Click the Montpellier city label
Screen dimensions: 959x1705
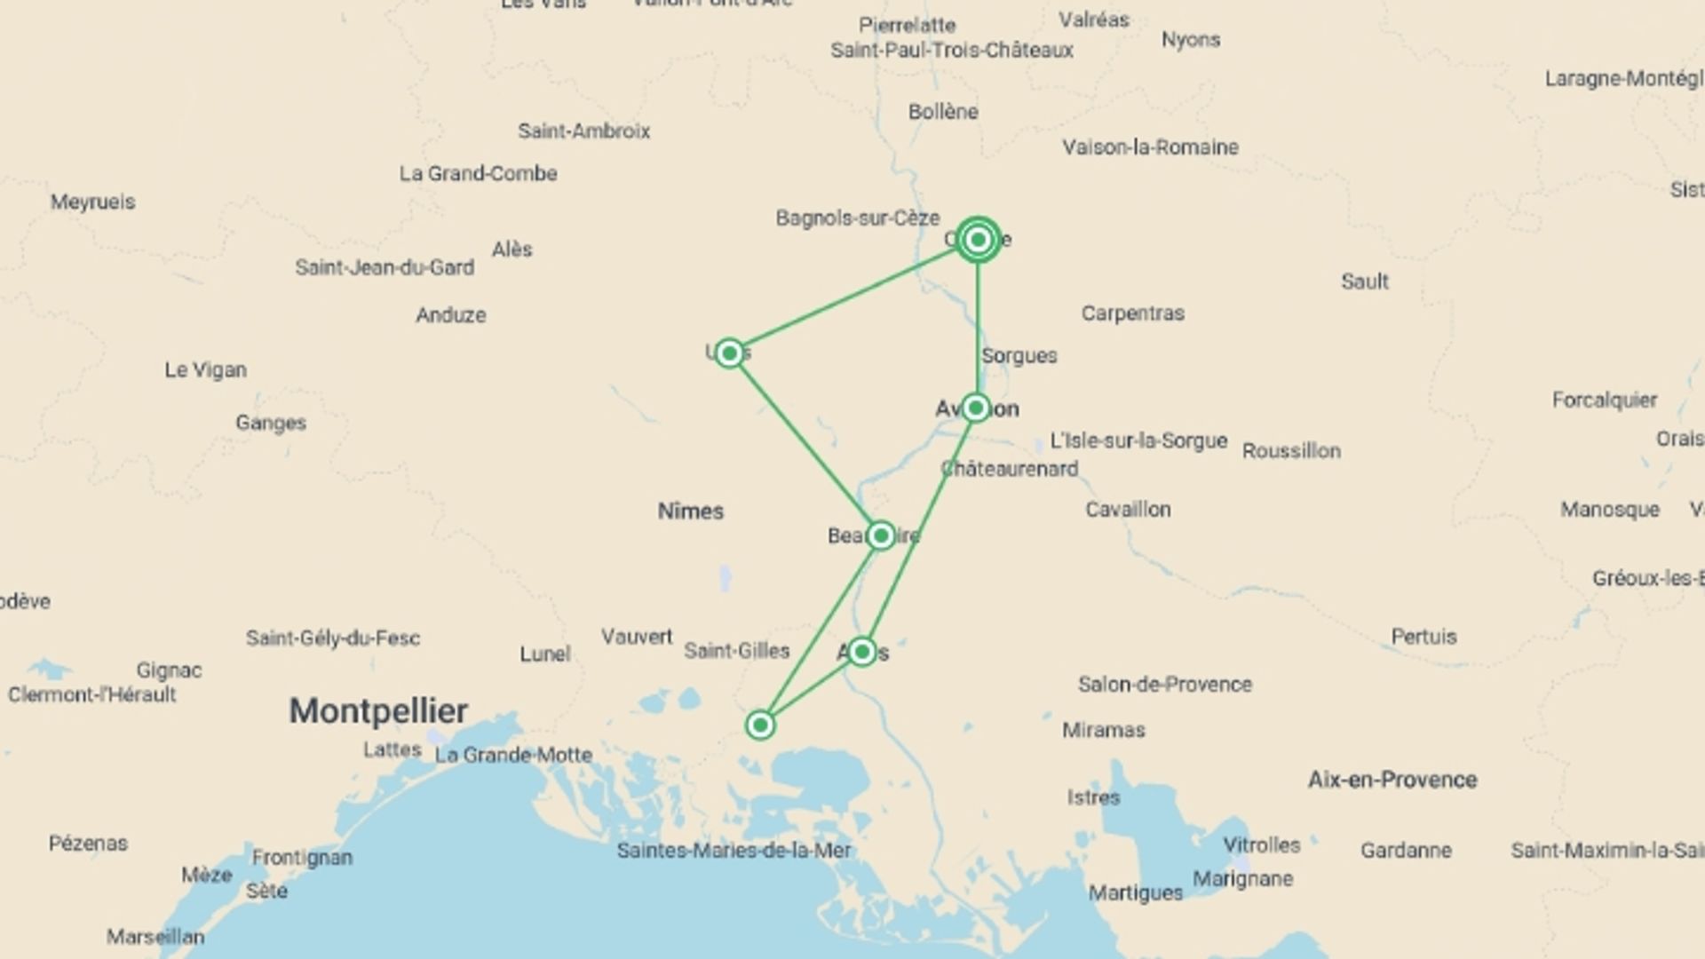378,710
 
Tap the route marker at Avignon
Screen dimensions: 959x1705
976,408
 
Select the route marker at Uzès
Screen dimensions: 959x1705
729,353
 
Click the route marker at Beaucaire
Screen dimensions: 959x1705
880,535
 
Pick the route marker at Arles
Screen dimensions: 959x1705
861,653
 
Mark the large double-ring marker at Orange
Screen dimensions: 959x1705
979,240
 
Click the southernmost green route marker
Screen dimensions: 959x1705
760,725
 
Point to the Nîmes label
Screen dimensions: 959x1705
691,511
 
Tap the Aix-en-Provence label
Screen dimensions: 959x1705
1392,780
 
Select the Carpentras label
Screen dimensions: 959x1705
1132,313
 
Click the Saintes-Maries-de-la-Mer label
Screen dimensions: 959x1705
734,851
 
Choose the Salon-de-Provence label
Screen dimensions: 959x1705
1164,685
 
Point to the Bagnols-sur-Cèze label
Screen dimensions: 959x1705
857,218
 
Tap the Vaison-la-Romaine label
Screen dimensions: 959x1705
1150,147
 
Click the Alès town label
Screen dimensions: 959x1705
512,250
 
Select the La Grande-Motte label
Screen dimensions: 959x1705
513,755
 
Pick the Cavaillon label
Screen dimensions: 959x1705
1128,510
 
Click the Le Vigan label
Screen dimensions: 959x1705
205,370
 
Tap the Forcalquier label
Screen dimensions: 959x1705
1604,400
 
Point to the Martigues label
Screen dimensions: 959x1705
1135,893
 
